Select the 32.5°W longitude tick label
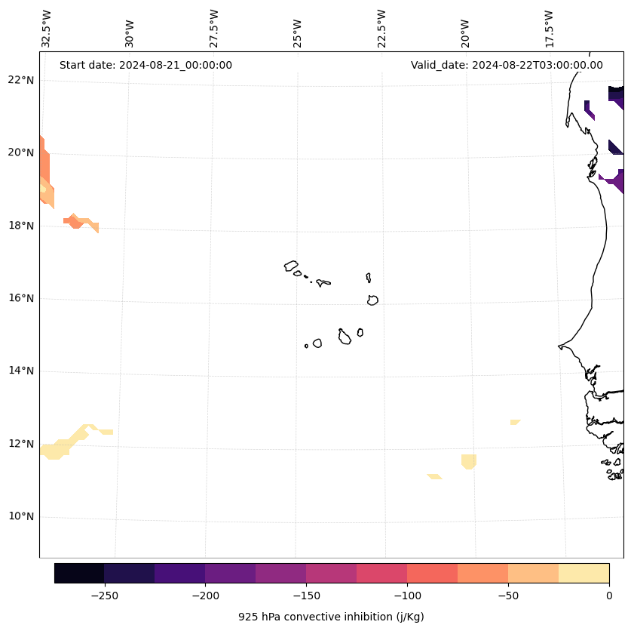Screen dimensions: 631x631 tap(47, 29)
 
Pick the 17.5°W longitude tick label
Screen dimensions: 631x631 tap(549, 29)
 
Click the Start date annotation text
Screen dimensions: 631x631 tap(145, 65)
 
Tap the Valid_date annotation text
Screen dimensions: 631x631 tap(507, 65)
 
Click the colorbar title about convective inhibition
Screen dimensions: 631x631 tap(331, 617)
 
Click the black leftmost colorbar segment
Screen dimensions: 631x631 tap(79, 573)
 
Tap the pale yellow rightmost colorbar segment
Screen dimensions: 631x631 tap(584, 573)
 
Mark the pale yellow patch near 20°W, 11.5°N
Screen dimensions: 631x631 tap(469, 460)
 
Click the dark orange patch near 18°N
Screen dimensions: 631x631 tap(75, 221)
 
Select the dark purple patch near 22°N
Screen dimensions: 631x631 tap(616, 94)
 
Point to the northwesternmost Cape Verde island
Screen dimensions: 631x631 tap(291, 266)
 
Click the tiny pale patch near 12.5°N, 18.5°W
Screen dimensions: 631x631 tap(515, 422)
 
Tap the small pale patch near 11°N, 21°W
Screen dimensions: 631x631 tap(434, 476)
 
